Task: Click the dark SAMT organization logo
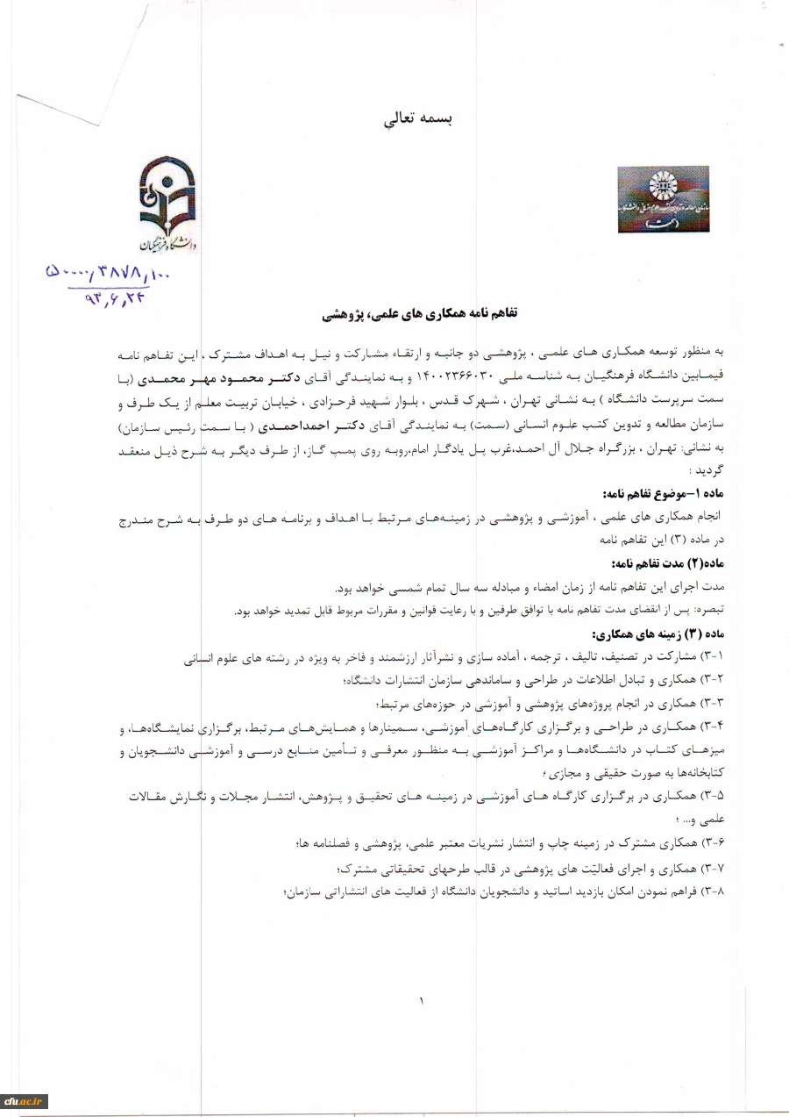coord(663,199)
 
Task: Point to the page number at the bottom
coord(420,999)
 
